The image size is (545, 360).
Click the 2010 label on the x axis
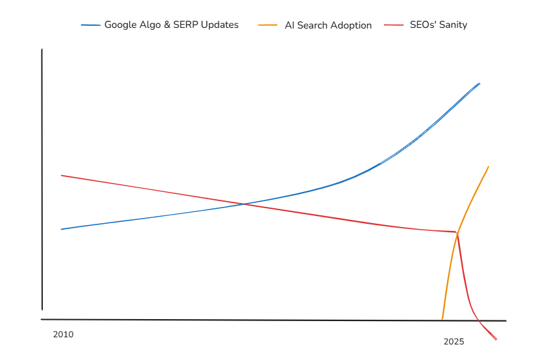(63, 335)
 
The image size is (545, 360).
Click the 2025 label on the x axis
(454, 341)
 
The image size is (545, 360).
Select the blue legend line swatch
(91, 25)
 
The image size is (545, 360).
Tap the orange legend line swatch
(268, 25)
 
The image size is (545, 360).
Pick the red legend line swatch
(394, 25)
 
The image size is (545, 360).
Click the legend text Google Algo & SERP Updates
(171, 25)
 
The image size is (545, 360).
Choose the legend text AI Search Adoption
(328, 25)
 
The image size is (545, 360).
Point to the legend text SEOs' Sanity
(438, 25)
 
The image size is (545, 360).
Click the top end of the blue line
(479, 83)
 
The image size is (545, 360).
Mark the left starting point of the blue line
(62, 229)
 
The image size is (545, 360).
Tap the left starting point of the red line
(62, 175)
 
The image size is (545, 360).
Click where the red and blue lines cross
(244, 204)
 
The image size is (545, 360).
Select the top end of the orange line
(488, 166)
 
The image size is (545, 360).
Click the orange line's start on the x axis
(442, 319)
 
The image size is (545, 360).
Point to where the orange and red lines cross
(457, 232)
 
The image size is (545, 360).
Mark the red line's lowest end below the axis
(496, 339)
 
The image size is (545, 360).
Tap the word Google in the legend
(120, 25)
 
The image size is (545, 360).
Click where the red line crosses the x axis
(479, 320)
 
